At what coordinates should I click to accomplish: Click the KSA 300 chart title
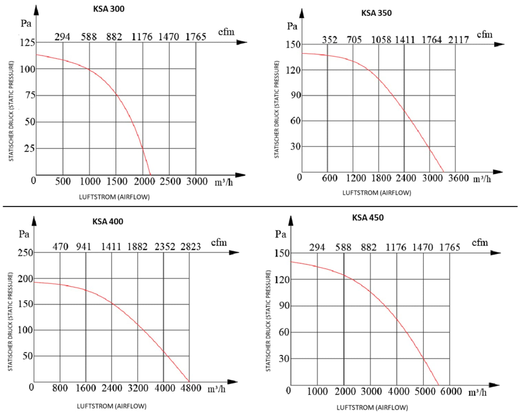[109, 9]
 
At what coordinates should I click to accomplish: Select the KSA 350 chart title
[376, 13]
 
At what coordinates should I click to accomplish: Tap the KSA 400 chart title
[108, 222]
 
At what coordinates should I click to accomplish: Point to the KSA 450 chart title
[368, 218]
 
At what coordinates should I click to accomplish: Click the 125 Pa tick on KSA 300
[27, 43]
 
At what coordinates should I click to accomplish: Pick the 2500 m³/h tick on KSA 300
[170, 181]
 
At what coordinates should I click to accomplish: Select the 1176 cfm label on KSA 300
[142, 37]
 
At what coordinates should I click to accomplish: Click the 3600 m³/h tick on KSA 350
[458, 178]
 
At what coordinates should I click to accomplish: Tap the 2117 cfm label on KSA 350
[458, 40]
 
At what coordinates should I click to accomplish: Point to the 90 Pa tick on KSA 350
[295, 95]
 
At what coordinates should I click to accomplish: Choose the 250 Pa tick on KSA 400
[26, 253]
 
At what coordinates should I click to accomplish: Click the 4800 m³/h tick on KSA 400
[190, 388]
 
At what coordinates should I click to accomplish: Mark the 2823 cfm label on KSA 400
[190, 247]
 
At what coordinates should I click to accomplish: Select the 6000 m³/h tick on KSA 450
[451, 391]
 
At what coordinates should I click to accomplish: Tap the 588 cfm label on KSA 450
[343, 248]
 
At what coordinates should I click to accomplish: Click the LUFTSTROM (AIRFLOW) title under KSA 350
[376, 193]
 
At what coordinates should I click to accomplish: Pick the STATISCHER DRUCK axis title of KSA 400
[10, 321]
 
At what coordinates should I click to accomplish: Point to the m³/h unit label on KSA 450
[477, 392]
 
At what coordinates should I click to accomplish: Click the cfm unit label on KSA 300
[226, 32]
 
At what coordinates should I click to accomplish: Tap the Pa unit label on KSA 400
[24, 234]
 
